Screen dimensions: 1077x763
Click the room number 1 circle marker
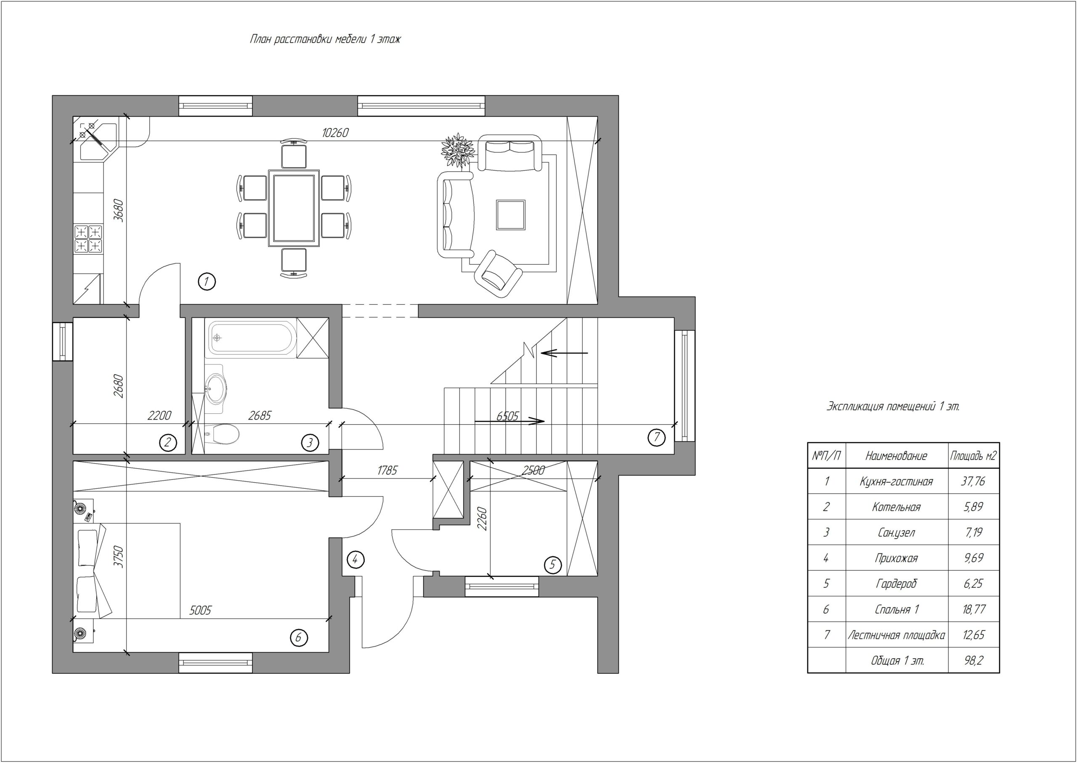click(207, 282)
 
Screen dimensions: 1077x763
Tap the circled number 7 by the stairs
click(657, 437)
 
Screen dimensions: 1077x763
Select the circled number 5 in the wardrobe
click(552, 565)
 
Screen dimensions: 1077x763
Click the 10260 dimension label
click(335, 133)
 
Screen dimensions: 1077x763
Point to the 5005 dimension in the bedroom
click(200, 610)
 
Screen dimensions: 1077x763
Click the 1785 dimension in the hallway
click(387, 470)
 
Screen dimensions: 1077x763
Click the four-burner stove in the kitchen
click(88, 239)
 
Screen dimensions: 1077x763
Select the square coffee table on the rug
click(511, 215)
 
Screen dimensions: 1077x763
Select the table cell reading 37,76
click(973, 481)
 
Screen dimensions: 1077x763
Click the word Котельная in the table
click(896, 507)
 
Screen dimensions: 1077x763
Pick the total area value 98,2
click(973, 661)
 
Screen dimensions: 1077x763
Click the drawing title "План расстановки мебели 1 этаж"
click(325, 39)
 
